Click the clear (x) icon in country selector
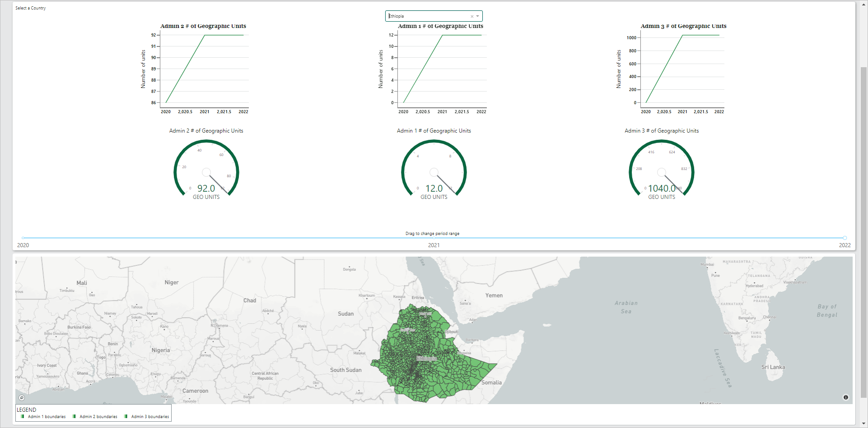click(472, 16)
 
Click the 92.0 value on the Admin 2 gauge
click(206, 189)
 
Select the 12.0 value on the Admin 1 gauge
click(434, 189)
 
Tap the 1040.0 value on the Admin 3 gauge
click(662, 189)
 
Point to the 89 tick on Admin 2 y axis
click(154, 69)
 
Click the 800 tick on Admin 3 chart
click(632, 51)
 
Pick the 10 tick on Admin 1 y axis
click(391, 46)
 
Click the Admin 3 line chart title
click(683, 26)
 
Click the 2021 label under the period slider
click(434, 245)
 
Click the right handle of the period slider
click(845, 238)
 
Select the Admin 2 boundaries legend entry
click(98, 417)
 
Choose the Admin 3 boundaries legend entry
click(149, 417)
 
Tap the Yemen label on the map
click(494, 295)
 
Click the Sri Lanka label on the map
click(773, 367)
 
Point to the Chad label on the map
click(249, 300)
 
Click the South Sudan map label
click(345, 370)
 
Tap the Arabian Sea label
click(626, 307)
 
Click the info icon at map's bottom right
click(845, 397)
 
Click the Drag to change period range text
click(432, 234)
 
